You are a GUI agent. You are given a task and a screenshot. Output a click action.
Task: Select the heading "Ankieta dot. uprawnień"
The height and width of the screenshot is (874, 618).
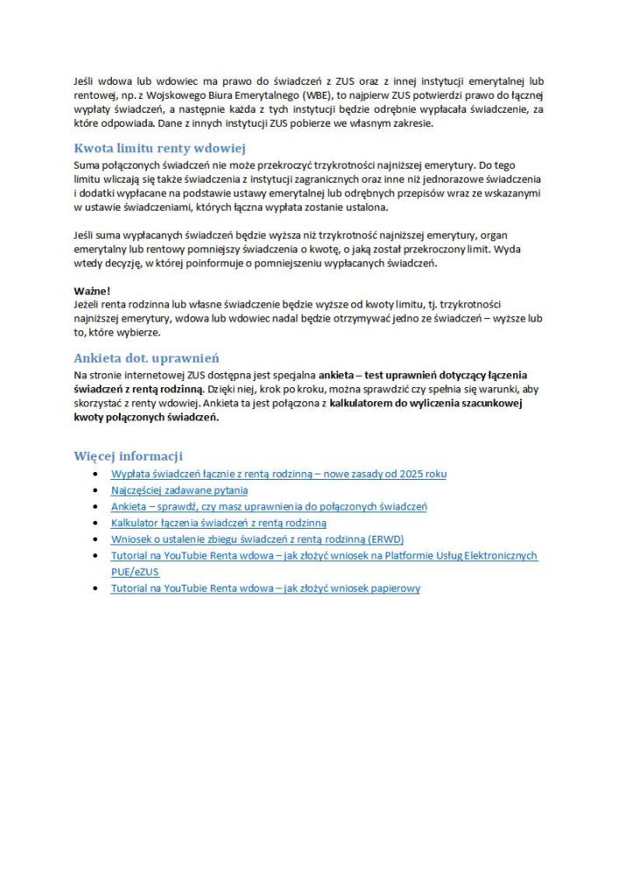pyautogui.click(x=146, y=357)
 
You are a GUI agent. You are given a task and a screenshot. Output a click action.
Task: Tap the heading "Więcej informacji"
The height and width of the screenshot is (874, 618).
pyautogui.click(x=128, y=456)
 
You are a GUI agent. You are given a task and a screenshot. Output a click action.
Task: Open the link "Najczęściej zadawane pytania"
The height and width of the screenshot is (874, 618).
pyautogui.click(x=179, y=490)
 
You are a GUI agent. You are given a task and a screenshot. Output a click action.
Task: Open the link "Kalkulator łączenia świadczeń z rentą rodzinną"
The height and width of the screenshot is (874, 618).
pyautogui.click(x=219, y=523)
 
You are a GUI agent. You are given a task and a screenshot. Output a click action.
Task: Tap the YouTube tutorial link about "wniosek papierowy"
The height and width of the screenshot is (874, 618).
pyautogui.click(x=265, y=588)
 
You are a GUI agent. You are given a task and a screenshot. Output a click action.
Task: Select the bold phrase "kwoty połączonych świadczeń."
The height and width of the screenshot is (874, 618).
pyautogui.click(x=146, y=417)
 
